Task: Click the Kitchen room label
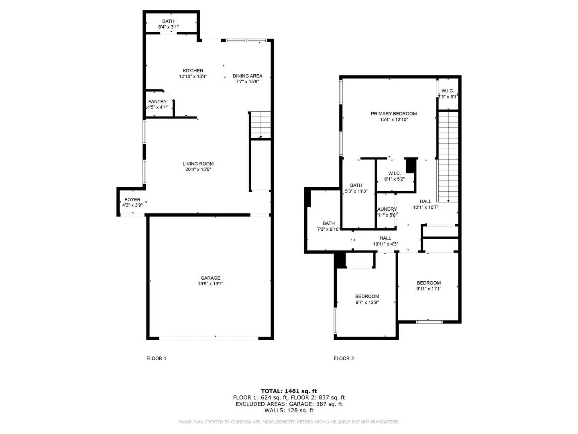[193, 71]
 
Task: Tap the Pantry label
[157, 102]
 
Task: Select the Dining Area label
[247, 76]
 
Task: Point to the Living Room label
[198, 164]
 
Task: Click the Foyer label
[132, 200]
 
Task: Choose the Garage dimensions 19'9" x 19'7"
[210, 284]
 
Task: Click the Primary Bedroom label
[393, 114]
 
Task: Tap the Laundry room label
[387, 209]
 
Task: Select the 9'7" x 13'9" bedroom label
[367, 297]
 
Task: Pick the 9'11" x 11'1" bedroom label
[429, 283]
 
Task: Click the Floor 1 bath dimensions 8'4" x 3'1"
[168, 27]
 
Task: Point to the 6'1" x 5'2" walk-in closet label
[394, 174]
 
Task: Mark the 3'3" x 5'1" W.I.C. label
[448, 91]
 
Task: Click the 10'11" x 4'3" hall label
[385, 238]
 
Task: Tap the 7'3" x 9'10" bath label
[328, 224]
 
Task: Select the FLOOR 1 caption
[156, 358]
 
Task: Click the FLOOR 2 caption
[344, 358]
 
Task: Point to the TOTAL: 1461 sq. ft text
[289, 391]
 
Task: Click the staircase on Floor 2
[448, 157]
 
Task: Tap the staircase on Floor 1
[261, 125]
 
